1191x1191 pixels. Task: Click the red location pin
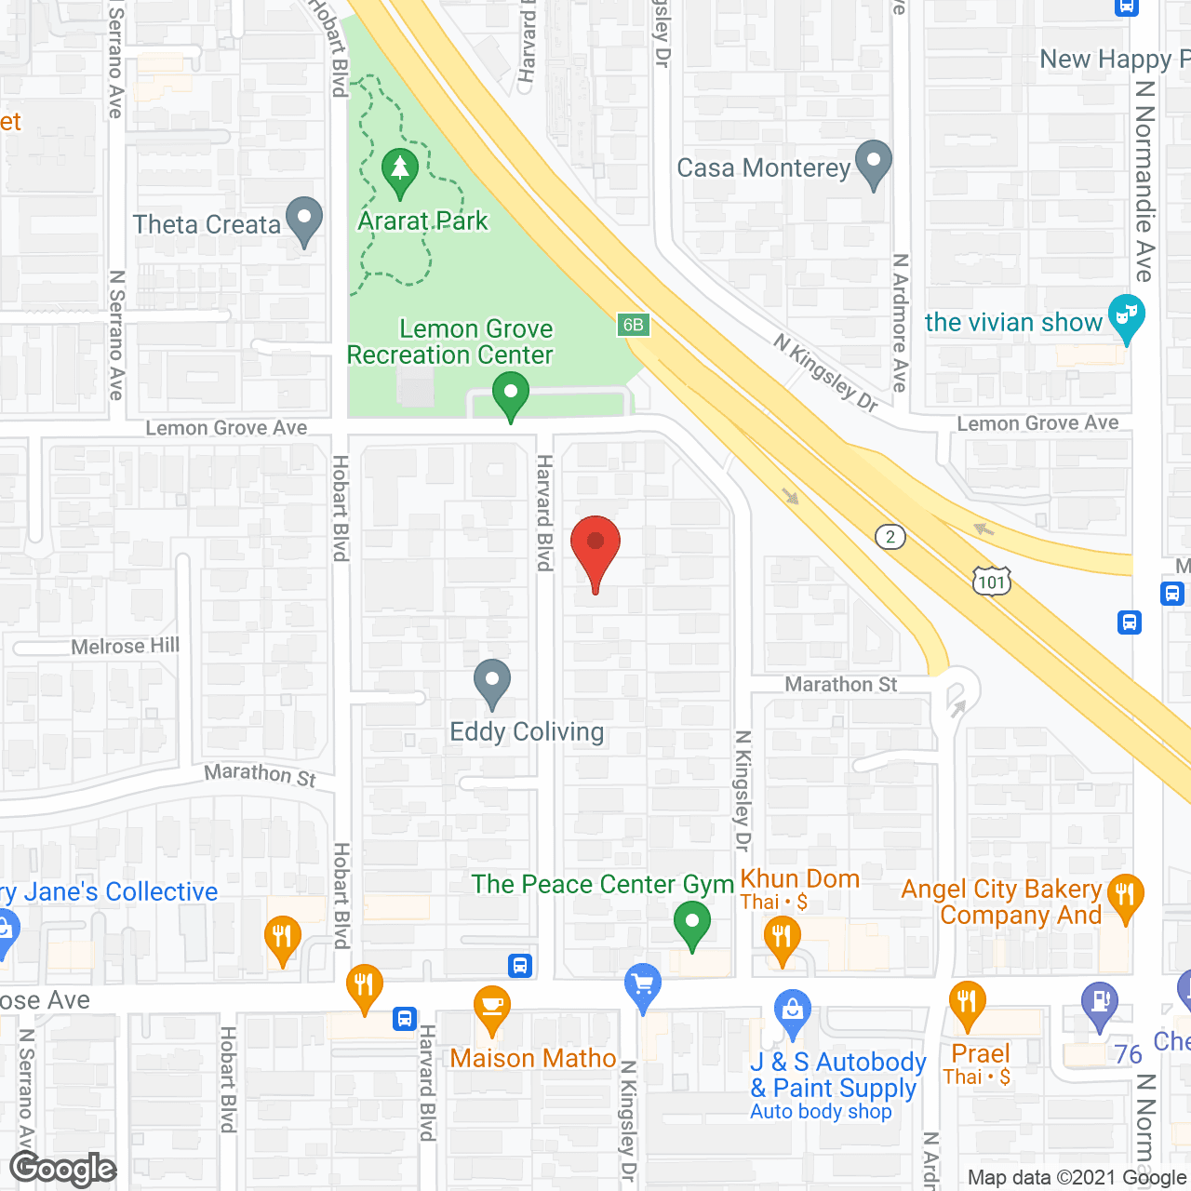click(595, 544)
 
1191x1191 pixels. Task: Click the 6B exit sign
click(633, 325)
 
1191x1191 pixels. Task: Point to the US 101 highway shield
click(992, 582)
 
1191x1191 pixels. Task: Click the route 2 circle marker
click(890, 537)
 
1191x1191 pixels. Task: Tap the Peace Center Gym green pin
click(691, 925)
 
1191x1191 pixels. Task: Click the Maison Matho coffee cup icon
click(491, 1008)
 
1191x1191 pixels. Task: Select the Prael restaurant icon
click(968, 1003)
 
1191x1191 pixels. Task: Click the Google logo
click(63, 1169)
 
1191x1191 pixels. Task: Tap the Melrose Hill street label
click(126, 646)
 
